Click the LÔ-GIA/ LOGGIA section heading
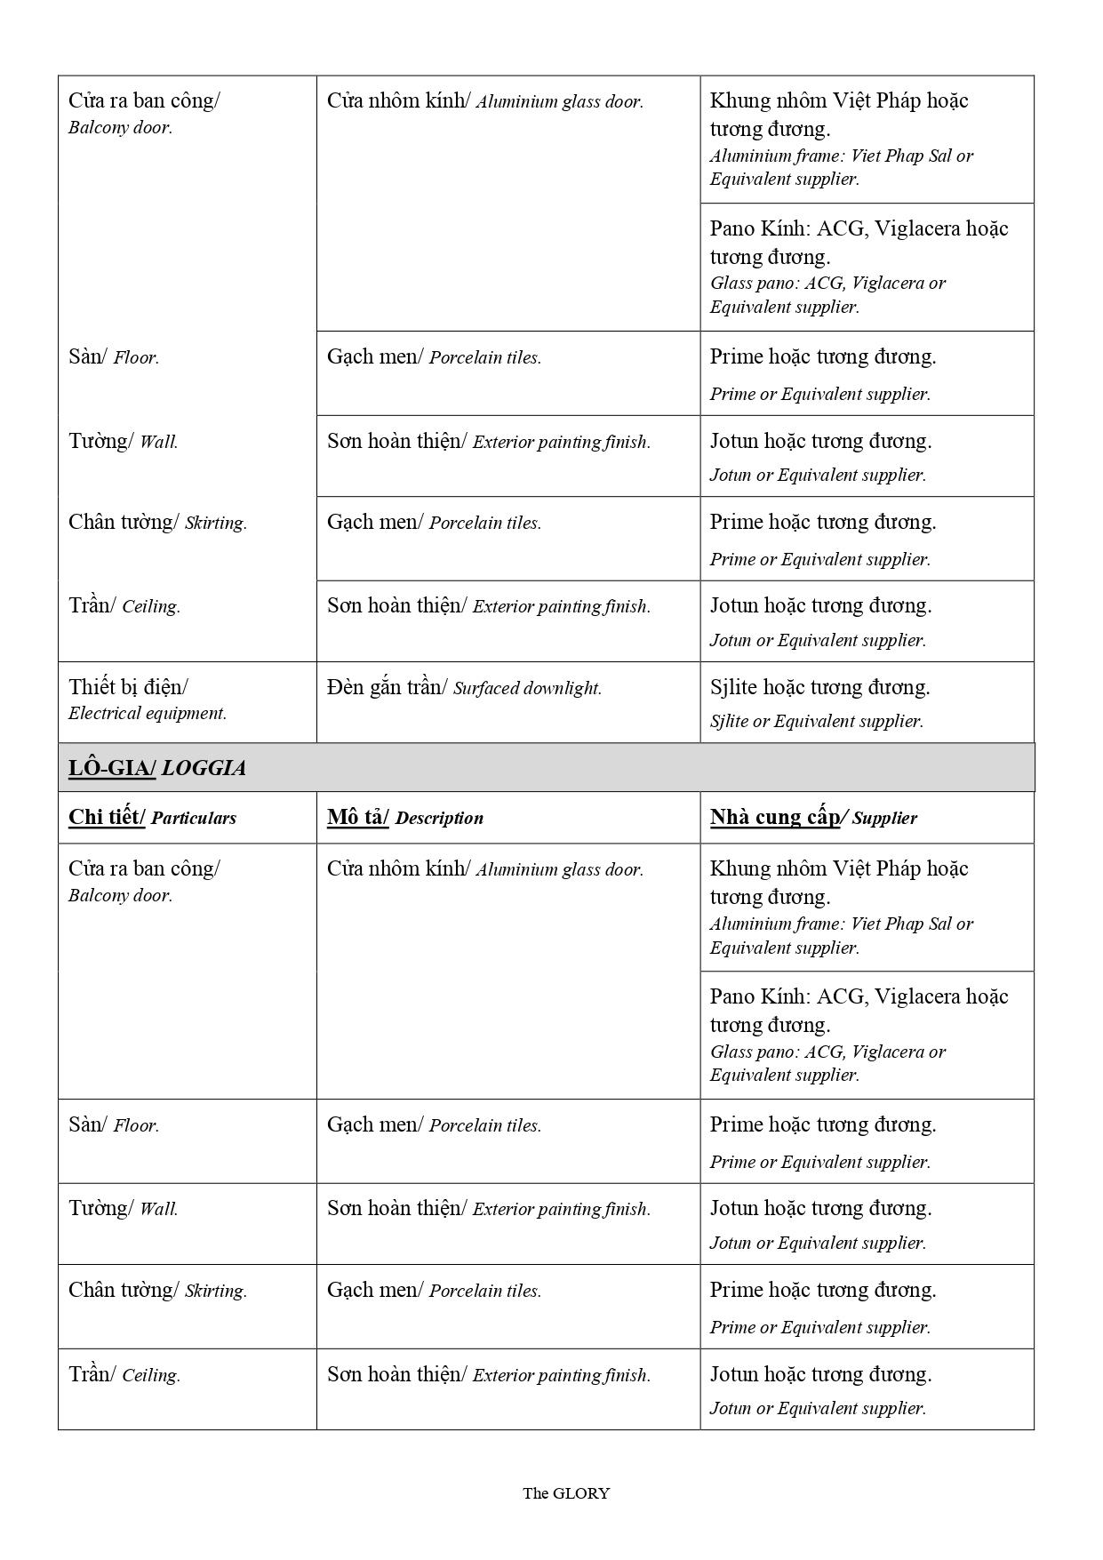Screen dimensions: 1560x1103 157,768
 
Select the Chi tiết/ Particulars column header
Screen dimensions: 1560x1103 152,818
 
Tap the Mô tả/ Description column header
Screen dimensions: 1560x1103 404,818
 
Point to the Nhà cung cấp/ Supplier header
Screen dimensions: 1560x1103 813,818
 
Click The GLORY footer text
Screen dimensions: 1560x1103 566,1493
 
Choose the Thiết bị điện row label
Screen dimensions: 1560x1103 128,687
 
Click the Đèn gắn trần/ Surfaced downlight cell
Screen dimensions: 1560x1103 464,688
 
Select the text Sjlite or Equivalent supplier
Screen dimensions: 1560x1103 816,721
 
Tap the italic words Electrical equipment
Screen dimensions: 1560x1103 148,713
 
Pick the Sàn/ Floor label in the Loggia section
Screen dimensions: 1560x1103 114,1125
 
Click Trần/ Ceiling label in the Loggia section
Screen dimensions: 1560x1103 124,1375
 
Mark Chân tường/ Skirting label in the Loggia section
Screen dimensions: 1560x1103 157,1291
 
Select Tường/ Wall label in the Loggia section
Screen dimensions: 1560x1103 123,1209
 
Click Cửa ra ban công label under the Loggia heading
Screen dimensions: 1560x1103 144,869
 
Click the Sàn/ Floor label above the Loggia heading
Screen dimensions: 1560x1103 114,357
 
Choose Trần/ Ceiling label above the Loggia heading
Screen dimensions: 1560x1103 124,606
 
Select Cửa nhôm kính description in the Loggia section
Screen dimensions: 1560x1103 484,869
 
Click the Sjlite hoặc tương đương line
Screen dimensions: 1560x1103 819,687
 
